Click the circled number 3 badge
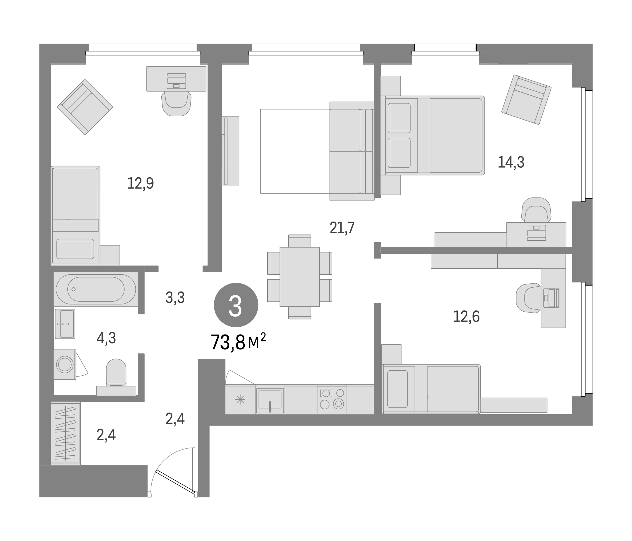[x=236, y=305]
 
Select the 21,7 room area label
[x=342, y=228]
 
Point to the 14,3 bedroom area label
[x=511, y=162]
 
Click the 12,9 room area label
[x=140, y=183]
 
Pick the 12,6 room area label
[x=466, y=316]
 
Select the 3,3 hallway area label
[x=175, y=298]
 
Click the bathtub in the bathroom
[x=96, y=289]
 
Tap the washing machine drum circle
[x=65, y=365]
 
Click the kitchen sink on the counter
[x=270, y=399]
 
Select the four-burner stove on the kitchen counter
[x=332, y=399]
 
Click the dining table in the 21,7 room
[x=299, y=277]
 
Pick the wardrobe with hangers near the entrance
[x=66, y=433]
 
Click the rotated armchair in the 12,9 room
[x=85, y=107]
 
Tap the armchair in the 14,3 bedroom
[x=526, y=99]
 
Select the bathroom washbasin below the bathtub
[x=65, y=324]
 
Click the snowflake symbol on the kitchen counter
[x=240, y=400]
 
